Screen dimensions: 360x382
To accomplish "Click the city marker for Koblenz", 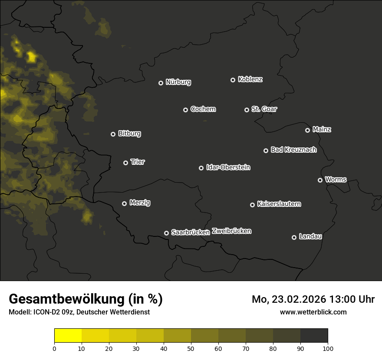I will click(x=233, y=80).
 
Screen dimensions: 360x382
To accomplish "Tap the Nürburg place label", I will click(x=178, y=82).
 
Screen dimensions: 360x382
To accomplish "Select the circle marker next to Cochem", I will click(x=185, y=110).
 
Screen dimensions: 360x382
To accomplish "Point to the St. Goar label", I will click(x=264, y=109).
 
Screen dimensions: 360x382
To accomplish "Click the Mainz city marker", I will click(x=307, y=130).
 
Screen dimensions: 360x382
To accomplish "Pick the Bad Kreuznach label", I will click(x=293, y=150).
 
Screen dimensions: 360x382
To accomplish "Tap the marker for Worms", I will click(x=320, y=180).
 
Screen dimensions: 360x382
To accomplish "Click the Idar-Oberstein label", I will click(x=228, y=167).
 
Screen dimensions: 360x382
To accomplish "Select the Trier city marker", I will click(x=125, y=163).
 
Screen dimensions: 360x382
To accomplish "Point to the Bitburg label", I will click(x=129, y=134).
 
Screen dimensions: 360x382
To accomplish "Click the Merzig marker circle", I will click(x=124, y=203).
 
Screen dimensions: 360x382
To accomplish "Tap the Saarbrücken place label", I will click(x=191, y=232).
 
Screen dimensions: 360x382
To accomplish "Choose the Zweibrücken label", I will click(x=232, y=231).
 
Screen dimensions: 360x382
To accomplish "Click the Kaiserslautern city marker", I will click(x=252, y=205).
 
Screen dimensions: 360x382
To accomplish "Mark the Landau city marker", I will click(x=294, y=237).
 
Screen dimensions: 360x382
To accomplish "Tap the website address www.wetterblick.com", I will click(x=313, y=312).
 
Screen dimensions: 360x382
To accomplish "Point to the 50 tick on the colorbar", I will click(x=191, y=348).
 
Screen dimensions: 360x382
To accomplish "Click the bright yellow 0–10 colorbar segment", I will click(x=68, y=336).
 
